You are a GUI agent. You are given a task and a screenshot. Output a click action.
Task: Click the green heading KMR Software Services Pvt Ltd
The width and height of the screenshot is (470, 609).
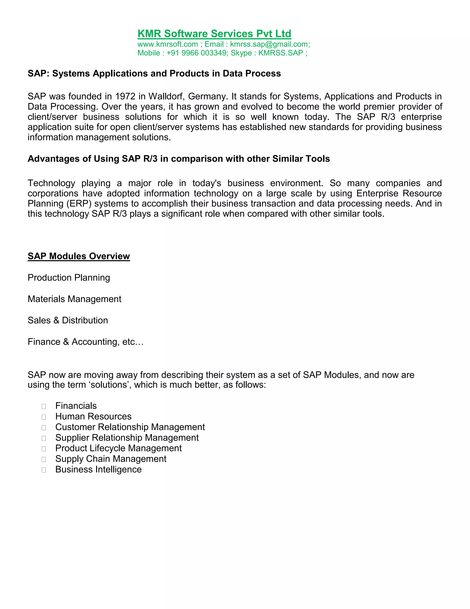tap(214, 34)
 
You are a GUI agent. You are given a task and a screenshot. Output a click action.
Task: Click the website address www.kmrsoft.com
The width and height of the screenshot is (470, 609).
tap(168, 44)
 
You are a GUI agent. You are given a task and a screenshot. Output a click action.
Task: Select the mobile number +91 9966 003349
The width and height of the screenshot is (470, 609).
tap(197, 53)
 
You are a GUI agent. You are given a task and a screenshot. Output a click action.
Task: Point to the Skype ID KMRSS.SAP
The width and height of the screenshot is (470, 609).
tap(280, 53)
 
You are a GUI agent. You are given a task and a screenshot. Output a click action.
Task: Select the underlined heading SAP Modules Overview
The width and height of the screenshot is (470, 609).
tap(79, 256)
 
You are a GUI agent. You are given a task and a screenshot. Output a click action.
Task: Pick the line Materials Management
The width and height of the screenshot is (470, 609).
tap(74, 299)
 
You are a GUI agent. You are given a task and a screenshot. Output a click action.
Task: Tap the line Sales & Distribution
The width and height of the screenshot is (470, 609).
tap(68, 320)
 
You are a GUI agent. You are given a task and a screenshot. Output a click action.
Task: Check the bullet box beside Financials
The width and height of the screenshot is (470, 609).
tap(44, 407)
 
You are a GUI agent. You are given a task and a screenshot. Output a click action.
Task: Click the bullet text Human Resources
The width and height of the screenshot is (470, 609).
tap(93, 416)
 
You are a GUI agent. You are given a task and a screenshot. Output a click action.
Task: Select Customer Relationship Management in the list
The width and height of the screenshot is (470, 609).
tap(130, 427)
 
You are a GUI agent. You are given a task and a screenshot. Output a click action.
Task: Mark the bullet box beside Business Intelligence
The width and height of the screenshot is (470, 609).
tap(44, 470)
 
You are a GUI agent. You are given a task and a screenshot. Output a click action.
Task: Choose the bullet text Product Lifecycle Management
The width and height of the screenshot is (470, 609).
tap(118, 448)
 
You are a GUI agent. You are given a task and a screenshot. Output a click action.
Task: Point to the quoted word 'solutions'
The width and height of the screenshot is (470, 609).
tap(110, 385)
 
